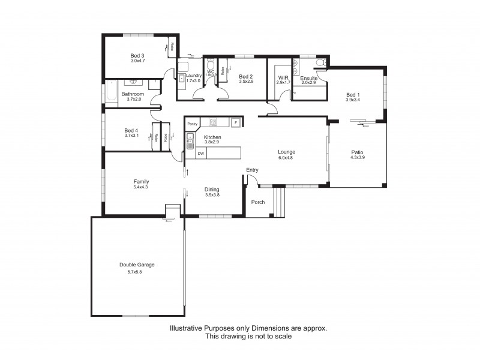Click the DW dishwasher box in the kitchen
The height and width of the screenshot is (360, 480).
coord(201,154)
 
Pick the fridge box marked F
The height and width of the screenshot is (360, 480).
coord(236,122)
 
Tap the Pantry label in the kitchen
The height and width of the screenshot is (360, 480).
coord(192,124)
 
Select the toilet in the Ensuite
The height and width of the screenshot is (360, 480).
coord(320,62)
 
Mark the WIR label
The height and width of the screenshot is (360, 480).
coord(283,77)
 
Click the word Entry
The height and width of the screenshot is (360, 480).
coord(252,170)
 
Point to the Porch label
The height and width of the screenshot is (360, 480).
coord(257,202)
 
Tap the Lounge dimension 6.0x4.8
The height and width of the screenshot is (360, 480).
coord(286,158)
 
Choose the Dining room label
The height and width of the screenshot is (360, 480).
coord(212,188)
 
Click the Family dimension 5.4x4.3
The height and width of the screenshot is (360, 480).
coord(141,188)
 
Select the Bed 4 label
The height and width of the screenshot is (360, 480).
coord(131,130)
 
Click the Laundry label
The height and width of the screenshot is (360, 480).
coord(194,75)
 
